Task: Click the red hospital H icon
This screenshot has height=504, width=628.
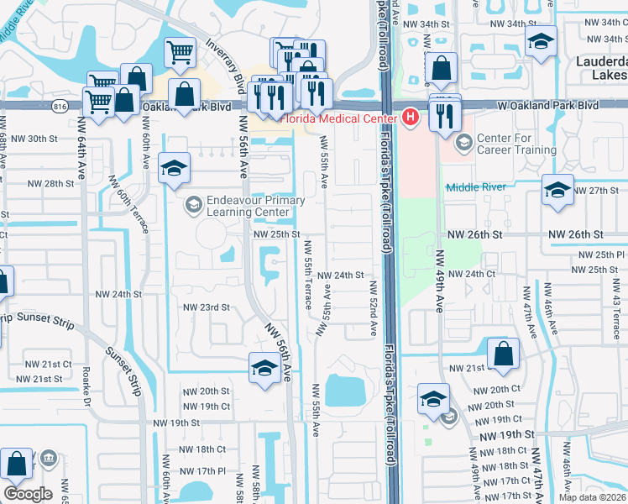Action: (x=410, y=117)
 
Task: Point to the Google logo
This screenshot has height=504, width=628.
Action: (x=28, y=494)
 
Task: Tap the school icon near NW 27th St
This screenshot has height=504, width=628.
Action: (x=557, y=190)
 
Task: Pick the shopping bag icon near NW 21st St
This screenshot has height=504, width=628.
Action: (x=503, y=354)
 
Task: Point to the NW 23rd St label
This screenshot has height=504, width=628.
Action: (x=207, y=307)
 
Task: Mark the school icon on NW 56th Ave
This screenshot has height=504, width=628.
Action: (x=264, y=368)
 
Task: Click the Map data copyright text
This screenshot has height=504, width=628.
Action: (x=593, y=496)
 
